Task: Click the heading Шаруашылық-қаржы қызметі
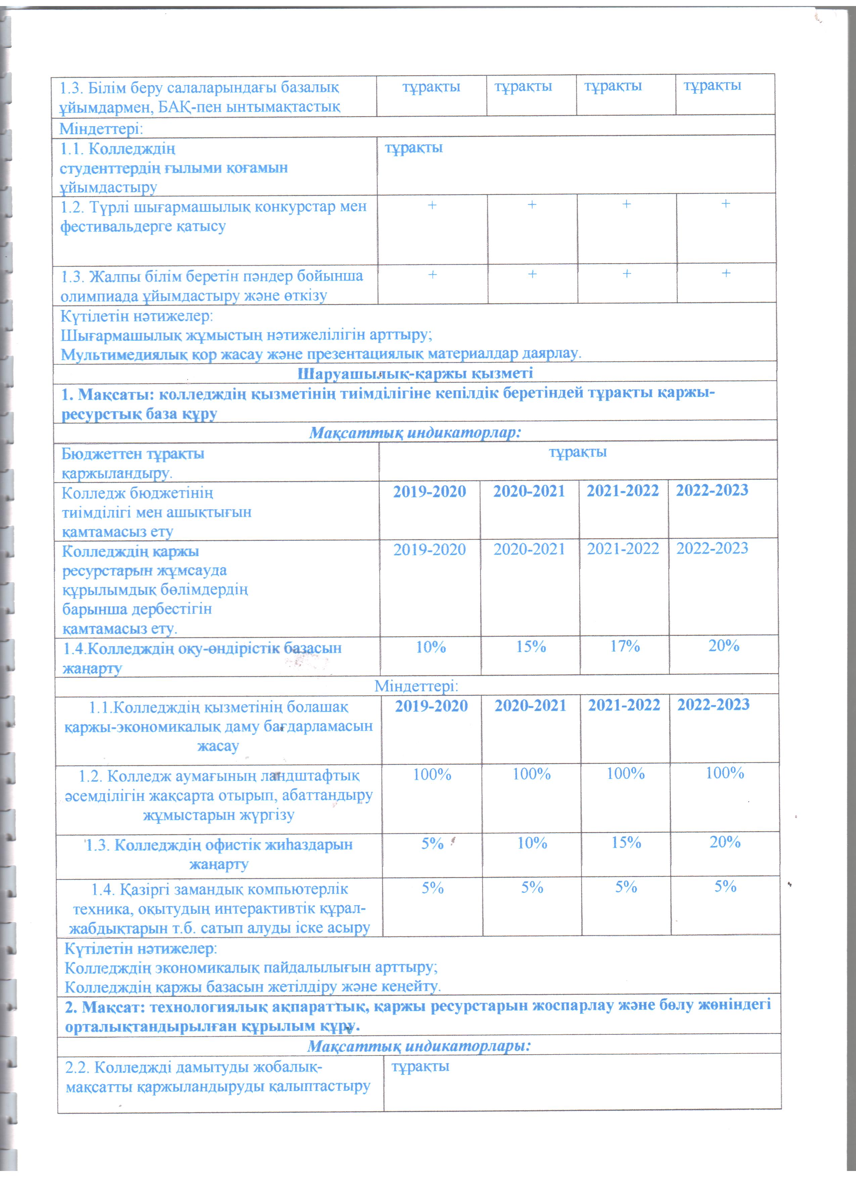(415, 373)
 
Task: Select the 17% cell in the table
(624, 646)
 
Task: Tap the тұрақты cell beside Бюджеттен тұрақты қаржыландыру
(578, 452)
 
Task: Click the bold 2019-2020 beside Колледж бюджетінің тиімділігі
(429, 492)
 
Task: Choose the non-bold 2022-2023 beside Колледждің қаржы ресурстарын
(712, 549)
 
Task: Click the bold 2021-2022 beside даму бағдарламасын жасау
(624, 705)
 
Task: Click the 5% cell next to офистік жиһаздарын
(432, 843)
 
